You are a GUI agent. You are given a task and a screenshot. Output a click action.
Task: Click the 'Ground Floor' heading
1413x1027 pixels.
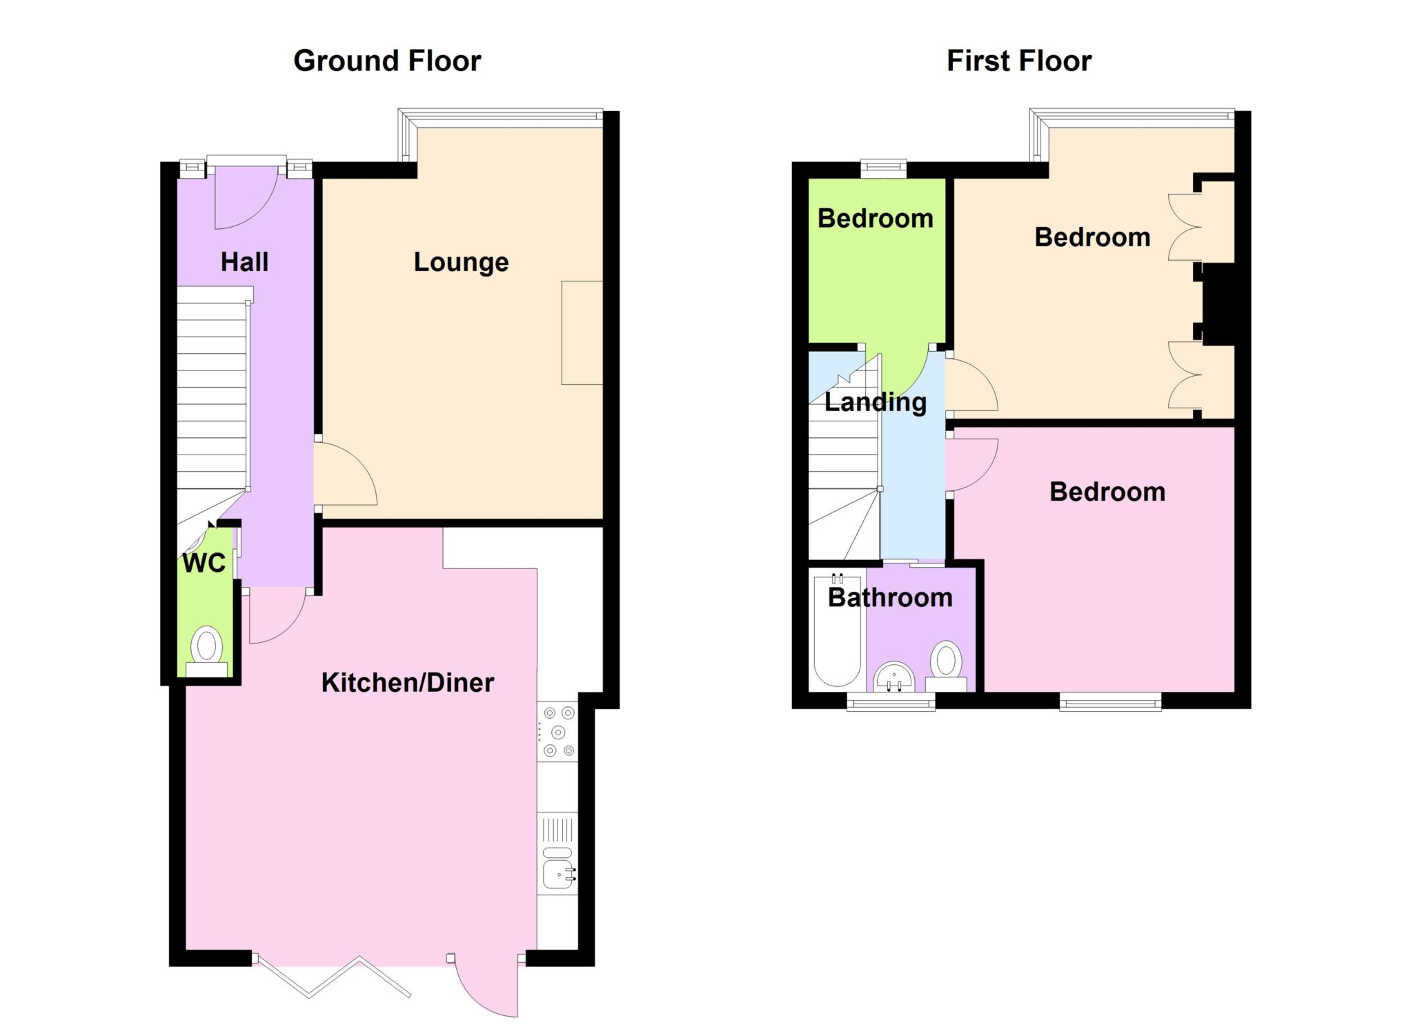[x=387, y=61]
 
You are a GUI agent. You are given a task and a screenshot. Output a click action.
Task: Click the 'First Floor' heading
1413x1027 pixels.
[x=1019, y=61]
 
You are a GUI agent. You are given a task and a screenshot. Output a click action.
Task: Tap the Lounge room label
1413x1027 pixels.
[x=461, y=262]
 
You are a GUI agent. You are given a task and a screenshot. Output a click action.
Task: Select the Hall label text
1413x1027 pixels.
[x=244, y=262]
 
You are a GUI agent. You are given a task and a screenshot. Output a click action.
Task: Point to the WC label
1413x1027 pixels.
[x=204, y=564]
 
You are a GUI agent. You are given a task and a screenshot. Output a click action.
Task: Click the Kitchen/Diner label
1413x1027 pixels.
[x=408, y=683]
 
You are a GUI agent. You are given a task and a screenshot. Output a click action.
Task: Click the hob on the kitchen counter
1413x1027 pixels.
[x=558, y=732]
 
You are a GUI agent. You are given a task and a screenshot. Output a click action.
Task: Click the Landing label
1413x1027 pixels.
[x=876, y=402]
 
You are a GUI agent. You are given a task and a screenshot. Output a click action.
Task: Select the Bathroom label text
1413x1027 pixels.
[x=890, y=597]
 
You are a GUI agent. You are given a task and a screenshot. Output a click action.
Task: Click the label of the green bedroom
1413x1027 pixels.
[x=875, y=219]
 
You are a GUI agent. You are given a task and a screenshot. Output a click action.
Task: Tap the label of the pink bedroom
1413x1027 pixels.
[x=1107, y=492]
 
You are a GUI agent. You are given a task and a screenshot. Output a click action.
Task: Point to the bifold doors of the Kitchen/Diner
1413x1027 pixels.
[x=331, y=976]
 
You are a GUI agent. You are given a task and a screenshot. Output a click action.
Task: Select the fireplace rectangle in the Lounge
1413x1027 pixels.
[x=582, y=332]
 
